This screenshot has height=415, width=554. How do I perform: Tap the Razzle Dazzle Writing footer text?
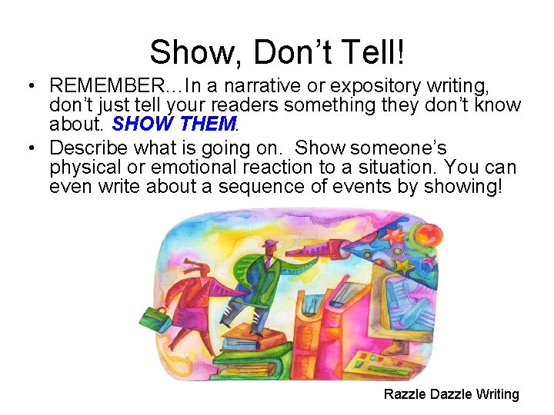click(452, 394)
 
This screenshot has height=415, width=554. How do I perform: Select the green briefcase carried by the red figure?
click(148, 317)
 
